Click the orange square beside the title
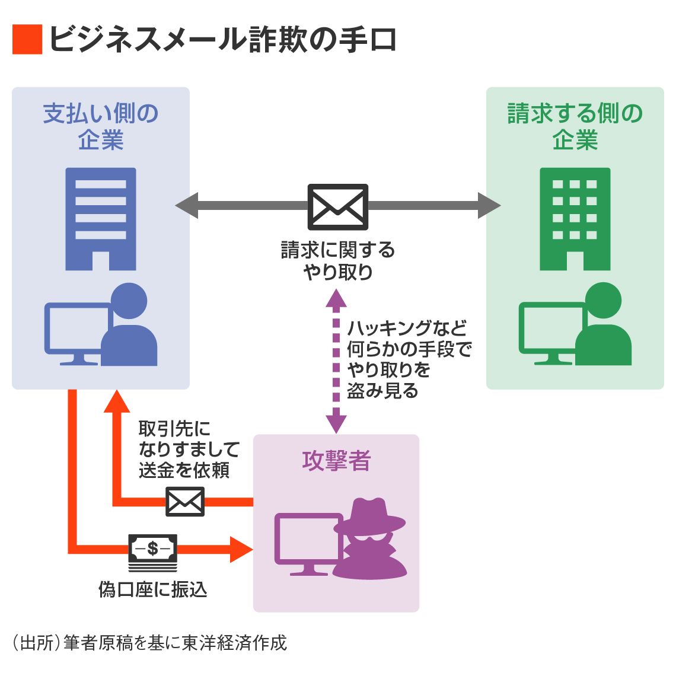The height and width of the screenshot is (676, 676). tap(27, 40)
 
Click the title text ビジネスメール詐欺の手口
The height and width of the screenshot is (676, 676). tap(222, 40)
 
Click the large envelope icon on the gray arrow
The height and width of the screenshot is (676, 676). tap(337, 206)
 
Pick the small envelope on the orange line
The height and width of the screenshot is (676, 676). tap(184, 502)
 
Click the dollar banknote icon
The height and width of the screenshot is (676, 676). tap(152, 549)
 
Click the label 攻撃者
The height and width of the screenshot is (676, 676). tap(336, 461)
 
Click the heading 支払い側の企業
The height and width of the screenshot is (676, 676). tap(100, 126)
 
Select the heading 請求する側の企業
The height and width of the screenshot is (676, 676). tap(575, 126)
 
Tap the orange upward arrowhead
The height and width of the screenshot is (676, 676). tap(117, 402)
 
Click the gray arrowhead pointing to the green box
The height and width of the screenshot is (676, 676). tap(490, 206)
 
